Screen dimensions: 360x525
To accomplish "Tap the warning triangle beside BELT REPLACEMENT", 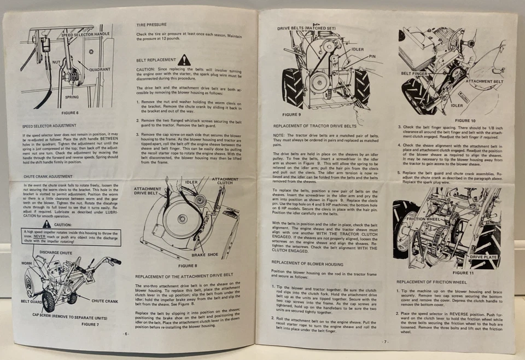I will [184, 60].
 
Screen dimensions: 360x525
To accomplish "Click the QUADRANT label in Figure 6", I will [100, 69].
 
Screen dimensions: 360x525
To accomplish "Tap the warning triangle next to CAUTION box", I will [47, 224].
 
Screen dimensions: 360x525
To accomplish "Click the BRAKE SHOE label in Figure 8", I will [206, 255].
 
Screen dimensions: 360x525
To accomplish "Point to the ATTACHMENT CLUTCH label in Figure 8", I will [225, 182].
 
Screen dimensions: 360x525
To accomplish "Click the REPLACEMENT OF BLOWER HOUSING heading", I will [307, 263].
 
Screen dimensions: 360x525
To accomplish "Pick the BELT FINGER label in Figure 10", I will [414, 73].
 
